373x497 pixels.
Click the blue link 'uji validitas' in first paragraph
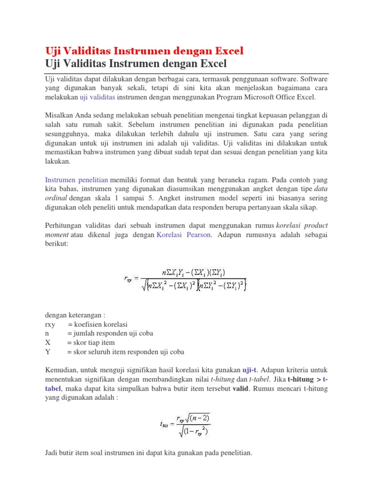coord(97,97)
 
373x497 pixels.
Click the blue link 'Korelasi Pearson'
coord(184,235)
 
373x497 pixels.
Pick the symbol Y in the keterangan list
coord(47,352)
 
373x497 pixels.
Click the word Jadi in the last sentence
coord(51,453)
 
